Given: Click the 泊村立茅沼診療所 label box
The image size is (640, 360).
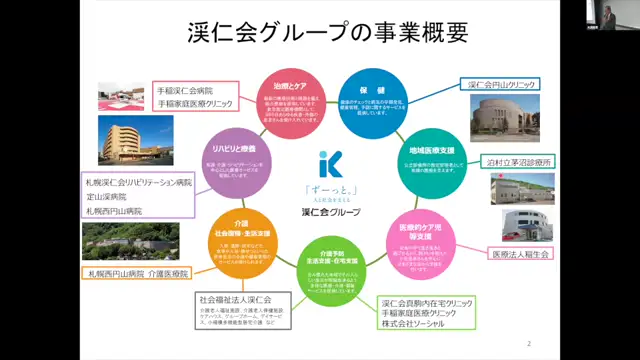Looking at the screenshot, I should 517,160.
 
